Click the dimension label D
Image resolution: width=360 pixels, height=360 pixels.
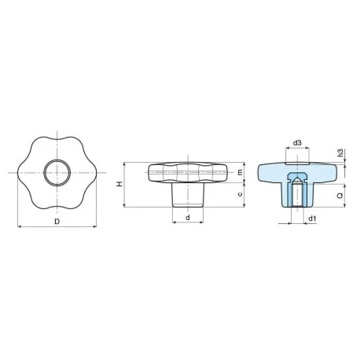click(57, 222)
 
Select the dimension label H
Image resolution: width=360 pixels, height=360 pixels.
click(119, 184)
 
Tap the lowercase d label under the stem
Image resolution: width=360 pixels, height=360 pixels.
click(188, 218)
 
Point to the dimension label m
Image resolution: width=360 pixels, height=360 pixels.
click(240, 172)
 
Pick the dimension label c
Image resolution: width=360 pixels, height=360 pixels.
click(240, 194)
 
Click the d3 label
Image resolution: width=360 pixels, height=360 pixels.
click(297, 143)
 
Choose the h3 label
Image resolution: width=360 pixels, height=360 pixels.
click(340, 152)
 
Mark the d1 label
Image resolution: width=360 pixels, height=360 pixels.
click(312, 219)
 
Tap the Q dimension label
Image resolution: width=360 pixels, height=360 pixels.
click(340, 196)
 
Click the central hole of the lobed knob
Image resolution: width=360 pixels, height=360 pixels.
click(57, 173)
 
